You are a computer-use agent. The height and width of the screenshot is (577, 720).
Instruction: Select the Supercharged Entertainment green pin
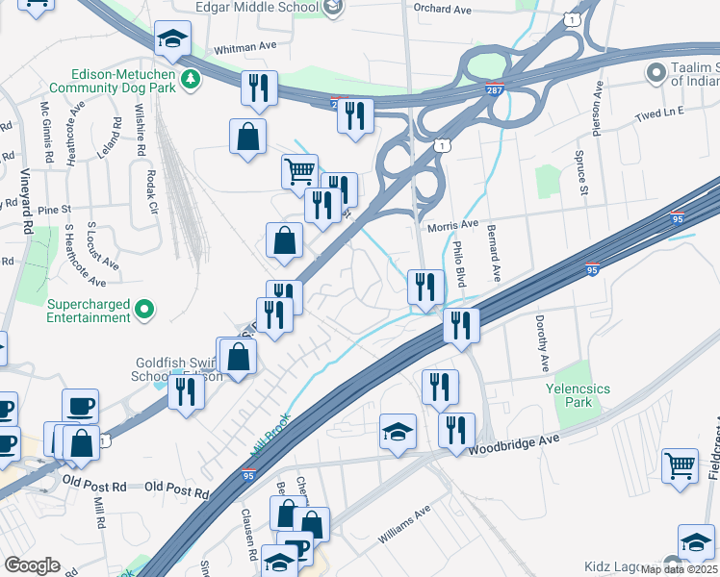click(x=143, y=309)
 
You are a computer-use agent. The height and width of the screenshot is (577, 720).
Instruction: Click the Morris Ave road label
click(x=451, y=224)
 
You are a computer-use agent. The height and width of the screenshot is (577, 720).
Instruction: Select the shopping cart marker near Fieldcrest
click(x=681, y=466)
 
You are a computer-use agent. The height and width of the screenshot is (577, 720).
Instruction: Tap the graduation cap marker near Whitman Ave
click(x=172, y=38)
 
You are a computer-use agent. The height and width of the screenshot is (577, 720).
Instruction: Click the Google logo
click(x=32, y=565)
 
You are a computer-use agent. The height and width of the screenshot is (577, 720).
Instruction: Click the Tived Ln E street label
click(x=658, y=113)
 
